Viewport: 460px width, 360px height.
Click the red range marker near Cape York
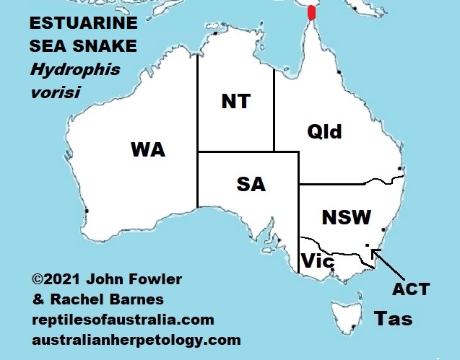coord(311,13)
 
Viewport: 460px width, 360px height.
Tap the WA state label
coord(147,150)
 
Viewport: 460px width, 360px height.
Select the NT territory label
coord(235,102)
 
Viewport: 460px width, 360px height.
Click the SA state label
coord(251,185)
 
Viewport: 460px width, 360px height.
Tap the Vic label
coord(317,260)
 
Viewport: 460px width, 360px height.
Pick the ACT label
coord(410,289)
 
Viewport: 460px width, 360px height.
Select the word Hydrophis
coord(74,70)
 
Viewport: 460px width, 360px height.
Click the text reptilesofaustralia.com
coord(122,320)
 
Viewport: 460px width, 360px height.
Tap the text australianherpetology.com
coord(136,339)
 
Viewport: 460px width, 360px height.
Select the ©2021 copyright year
coord(57,279)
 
